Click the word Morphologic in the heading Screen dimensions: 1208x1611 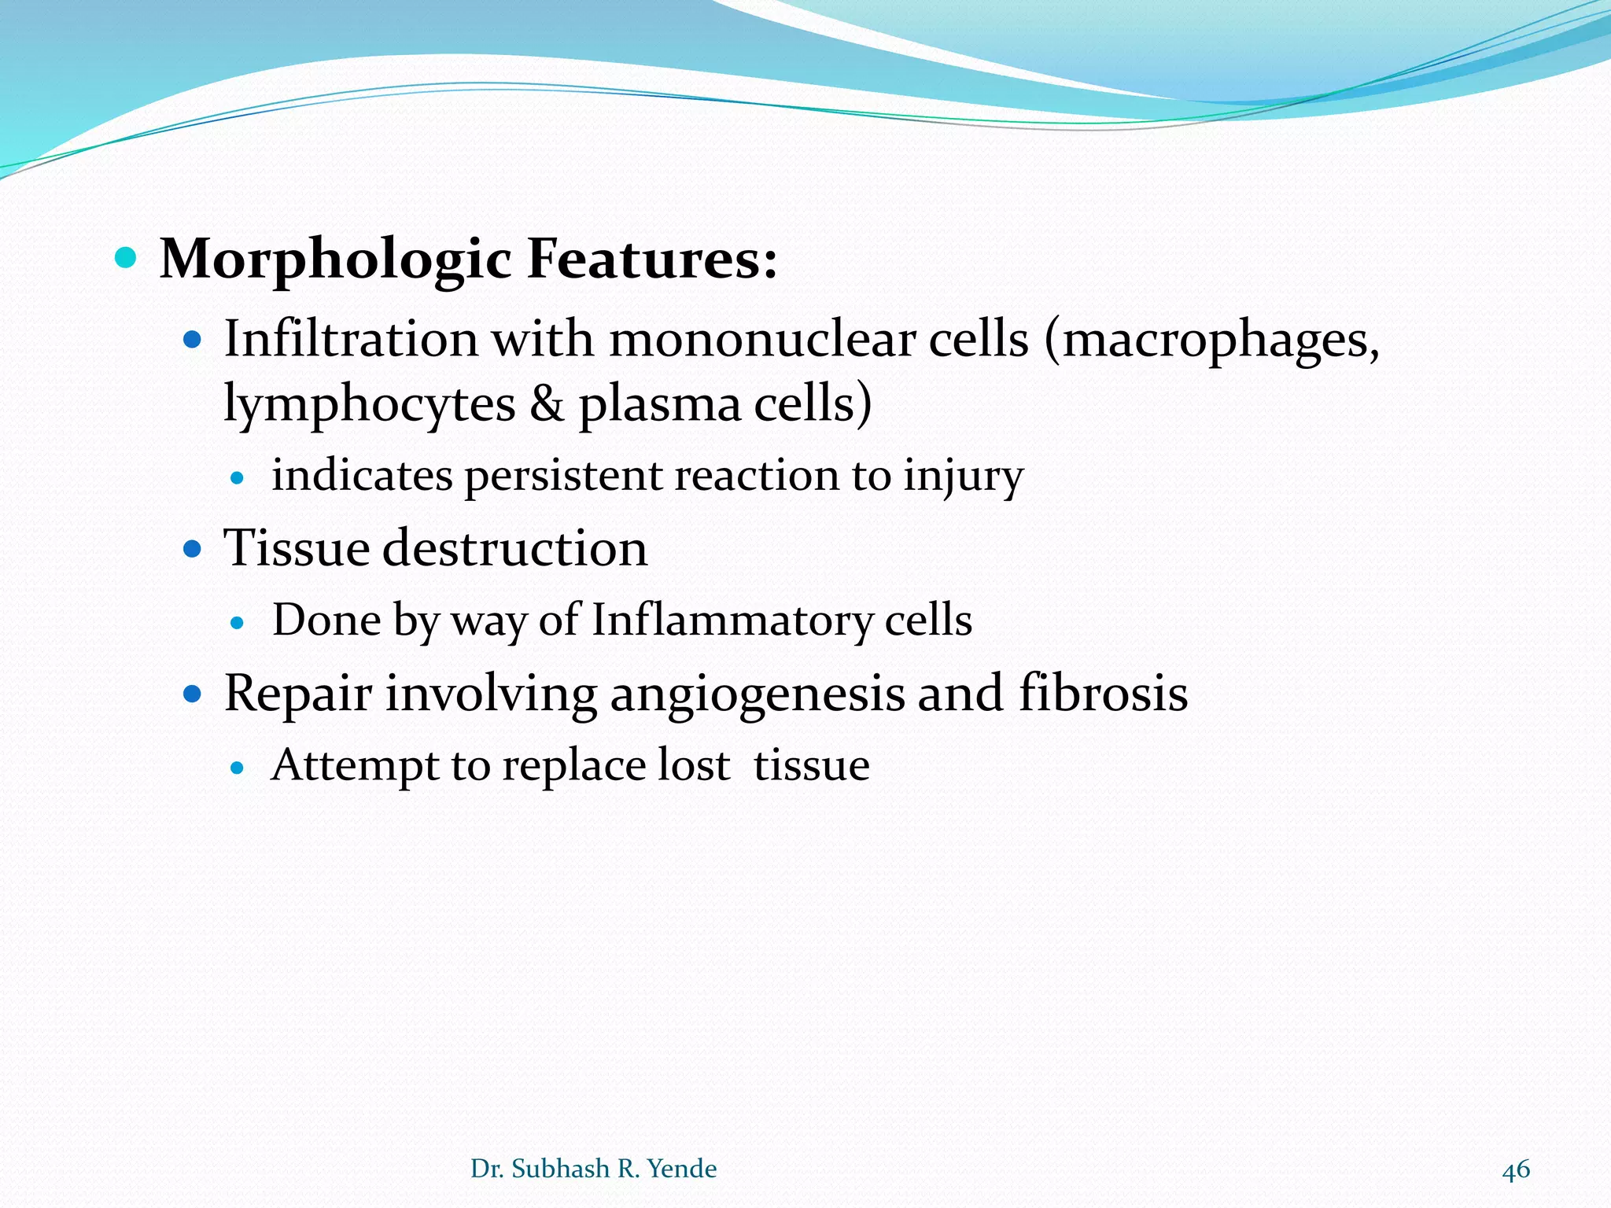[335, 260]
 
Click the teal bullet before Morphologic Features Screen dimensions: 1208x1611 [126, 257]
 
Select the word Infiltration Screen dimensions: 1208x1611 [351, 340]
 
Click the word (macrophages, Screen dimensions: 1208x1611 [1212, 341]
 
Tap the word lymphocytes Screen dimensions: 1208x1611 [370, 404]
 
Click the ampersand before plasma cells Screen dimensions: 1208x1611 [547, 404]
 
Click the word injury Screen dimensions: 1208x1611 [963, 477]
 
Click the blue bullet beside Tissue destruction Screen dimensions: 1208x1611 [193, 548]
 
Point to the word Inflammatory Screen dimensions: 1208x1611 [732, 621]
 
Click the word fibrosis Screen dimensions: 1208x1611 [1103, 694]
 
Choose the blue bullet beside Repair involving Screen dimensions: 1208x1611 [193, 694]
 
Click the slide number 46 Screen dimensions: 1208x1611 [1516, 1169]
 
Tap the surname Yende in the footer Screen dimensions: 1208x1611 [681, 1169]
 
